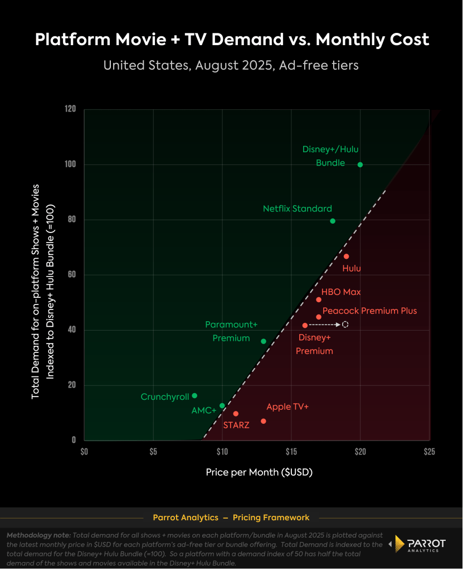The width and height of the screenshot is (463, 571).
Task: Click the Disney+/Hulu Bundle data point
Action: tap(360, 164)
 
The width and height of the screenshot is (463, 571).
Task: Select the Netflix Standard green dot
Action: tap(333, 221)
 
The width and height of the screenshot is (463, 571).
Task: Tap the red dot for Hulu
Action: tap(346, 257)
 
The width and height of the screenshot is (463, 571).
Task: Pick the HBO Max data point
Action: tap(319, 299)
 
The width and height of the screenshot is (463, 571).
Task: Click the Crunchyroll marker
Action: tap(194, 395)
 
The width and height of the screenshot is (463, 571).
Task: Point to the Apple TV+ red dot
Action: tap(264, 421)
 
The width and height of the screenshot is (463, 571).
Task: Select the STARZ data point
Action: tap(236, 414)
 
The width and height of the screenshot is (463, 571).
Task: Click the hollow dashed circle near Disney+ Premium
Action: tap(345, 325)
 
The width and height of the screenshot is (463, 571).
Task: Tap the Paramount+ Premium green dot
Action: tap(264, 341)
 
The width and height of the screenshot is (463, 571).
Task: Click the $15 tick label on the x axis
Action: tap(291, 451)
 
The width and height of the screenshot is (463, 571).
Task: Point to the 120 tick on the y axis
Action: tap(70, 109)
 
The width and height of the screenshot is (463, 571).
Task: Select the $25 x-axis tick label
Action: tap(429, 451)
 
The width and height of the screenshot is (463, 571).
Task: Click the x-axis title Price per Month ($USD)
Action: tap(259, 472)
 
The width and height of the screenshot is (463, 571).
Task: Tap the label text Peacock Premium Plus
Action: tap(369, 311)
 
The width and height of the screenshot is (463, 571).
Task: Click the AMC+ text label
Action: tap(203, 410)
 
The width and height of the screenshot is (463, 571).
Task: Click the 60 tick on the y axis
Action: tap(71, 275)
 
